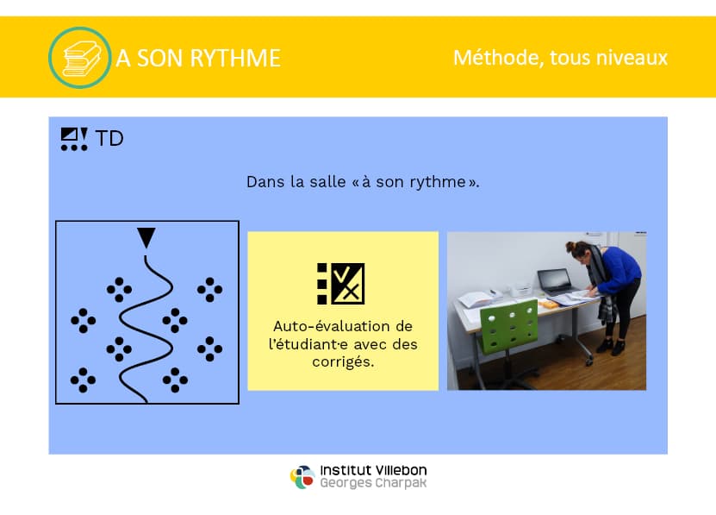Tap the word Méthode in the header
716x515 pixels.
[x=499, y=58]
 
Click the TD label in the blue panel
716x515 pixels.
[x=109, y=139]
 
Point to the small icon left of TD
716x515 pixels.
[x=74, y=139]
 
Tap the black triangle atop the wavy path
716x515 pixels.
[x=146, y=237]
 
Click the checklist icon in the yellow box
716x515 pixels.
[x=340, y=284]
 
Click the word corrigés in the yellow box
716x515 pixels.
[x=343, y=361]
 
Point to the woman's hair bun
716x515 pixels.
[x=570, y=246]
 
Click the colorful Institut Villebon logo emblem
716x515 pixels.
[x=302, y=477]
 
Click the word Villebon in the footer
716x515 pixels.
[x=401, y=470]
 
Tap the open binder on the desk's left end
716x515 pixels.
[x=476, y=299]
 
